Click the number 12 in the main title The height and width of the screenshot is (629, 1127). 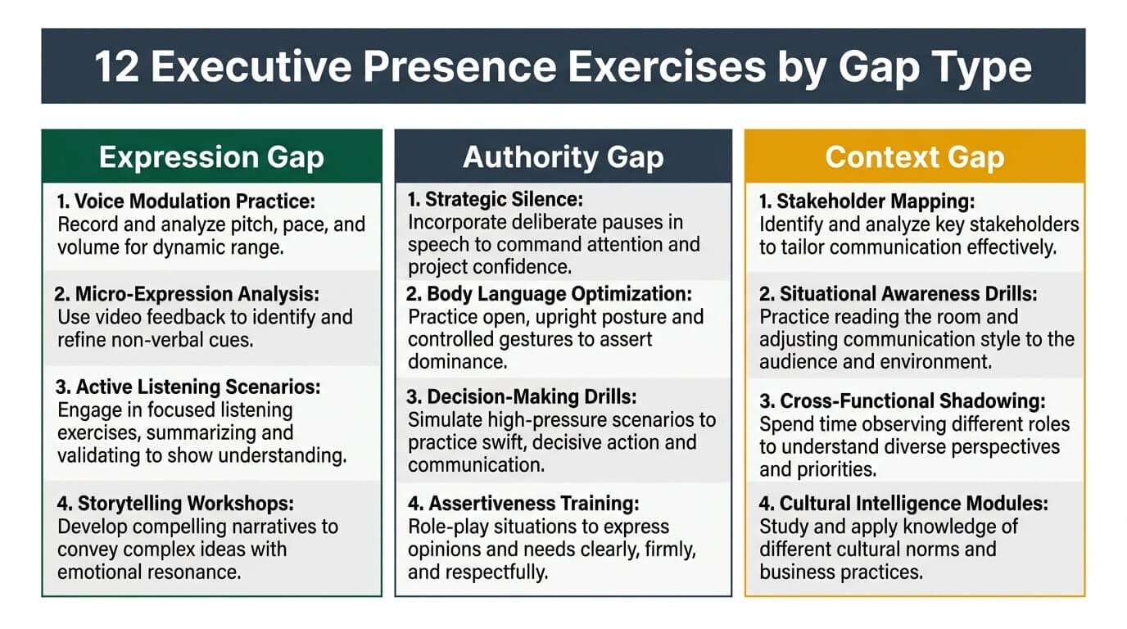[x=115, y=67]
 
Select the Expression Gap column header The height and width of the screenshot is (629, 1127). [x=211, y=157]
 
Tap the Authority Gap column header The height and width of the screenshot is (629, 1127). [x=563, y=157]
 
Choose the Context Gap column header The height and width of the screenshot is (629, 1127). [x=915, y=157]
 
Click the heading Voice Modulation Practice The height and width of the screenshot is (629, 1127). [x=186, y=201]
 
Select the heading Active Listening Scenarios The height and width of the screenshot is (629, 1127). [x=188, y=387]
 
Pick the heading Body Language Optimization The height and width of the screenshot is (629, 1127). [x=550, y=293]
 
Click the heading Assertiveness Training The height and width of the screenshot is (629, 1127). [x=523, y=504]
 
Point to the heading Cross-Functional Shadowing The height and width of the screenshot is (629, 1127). [x=903, y=401]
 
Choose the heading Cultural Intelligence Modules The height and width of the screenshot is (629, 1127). [x=903, y=504]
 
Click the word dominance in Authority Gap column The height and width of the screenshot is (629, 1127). [x=455, y=361]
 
